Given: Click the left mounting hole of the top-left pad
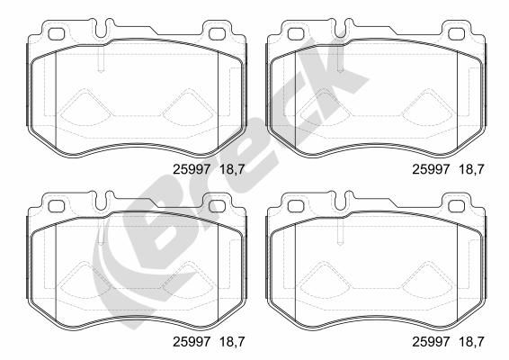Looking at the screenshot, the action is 57,34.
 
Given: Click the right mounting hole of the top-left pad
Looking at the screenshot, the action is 217,34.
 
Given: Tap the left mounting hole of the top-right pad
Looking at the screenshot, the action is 296,34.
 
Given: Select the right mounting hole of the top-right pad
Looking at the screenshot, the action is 456,34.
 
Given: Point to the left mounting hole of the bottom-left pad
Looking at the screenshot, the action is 57,206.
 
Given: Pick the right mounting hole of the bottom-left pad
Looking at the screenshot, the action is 217,206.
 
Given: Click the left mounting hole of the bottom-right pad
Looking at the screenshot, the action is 296,206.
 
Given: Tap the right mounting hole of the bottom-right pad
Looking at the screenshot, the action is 456,206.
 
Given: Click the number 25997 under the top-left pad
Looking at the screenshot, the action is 192,169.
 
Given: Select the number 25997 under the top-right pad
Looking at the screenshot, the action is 431,169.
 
